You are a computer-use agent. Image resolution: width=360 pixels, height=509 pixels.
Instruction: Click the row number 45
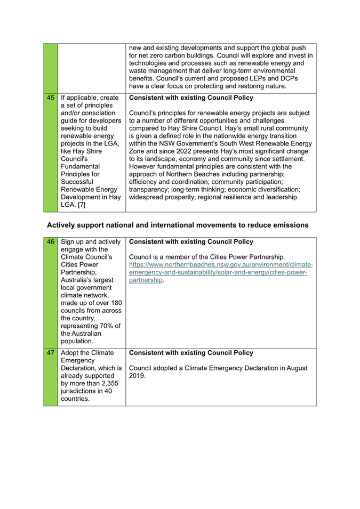tap(51, 98)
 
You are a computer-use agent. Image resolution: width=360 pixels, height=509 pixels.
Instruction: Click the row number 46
tap(51, 241)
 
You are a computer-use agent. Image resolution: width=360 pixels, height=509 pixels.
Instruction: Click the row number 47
tap(51, 353)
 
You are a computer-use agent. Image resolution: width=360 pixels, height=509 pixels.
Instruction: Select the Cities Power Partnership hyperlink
tap(221, 272)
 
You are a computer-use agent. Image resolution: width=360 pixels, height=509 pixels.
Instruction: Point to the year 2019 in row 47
tap(137, 376)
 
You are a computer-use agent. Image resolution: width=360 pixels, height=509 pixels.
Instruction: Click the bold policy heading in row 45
tap(191, 98)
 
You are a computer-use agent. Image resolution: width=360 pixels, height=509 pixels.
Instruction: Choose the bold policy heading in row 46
tap(191, 241)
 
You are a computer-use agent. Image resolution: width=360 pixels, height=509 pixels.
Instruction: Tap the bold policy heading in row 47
tap(191, 353)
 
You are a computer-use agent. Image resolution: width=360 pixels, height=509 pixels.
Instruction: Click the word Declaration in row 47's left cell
tap(79, 368)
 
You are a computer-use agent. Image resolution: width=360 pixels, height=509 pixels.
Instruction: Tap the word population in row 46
tap(77, 341)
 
